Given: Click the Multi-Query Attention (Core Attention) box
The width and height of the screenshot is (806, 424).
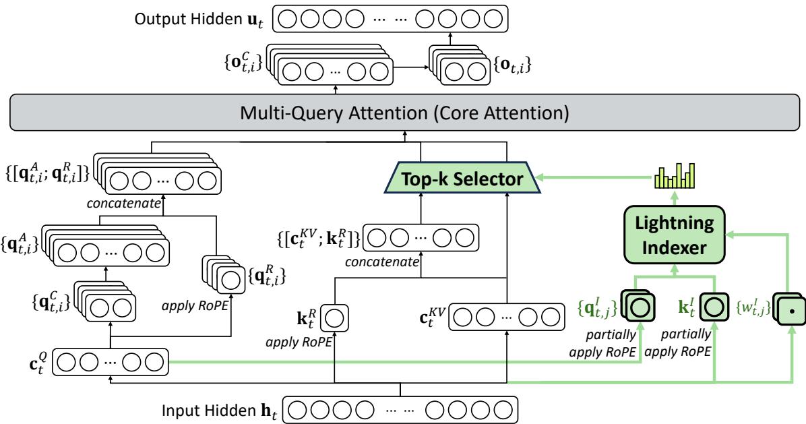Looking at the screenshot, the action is click(x=404, y=112).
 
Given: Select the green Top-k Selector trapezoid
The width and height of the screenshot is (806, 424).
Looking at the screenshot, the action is click(x=462, y=179).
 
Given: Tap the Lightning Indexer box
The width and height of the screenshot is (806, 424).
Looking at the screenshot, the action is click(x=674, y=235).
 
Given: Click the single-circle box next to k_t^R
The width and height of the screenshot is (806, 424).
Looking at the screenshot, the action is click(x=334, y=318).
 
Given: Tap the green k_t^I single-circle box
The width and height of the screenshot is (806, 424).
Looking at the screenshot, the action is click(x=714, y=307).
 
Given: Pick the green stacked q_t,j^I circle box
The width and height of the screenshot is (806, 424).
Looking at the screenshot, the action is click(x=638, y=306).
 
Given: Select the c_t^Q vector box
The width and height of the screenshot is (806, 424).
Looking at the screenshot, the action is click(x=110, y=363).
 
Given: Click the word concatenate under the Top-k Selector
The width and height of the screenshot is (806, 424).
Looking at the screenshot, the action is click(x=382, y=262).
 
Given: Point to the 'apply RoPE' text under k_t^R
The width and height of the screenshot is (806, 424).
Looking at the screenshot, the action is click(x=299, y=342).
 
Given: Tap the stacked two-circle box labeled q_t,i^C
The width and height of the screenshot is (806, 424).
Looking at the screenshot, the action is click(x=105, y=303).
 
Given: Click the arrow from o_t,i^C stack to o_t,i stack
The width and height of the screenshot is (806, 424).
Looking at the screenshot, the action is click(x=411, y=67).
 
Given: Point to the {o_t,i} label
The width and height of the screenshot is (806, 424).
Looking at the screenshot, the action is click(x=512, y=65).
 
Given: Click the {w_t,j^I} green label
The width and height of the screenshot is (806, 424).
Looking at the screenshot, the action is click(x=753, y=308).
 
